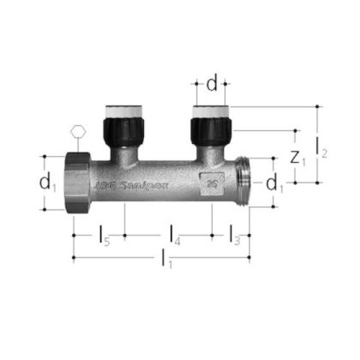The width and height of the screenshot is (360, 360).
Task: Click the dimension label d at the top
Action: click(x=211, y=84)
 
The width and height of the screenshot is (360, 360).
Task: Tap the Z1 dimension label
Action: click(x=297, y=157)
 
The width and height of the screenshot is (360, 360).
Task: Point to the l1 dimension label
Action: click(x=166, y=258)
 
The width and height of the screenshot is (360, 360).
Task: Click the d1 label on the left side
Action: click(x=48, y=182)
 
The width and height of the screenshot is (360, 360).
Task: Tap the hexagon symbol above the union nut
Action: click(x=79, y=133)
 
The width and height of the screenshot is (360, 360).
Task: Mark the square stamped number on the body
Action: click(x=212, y=183)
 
